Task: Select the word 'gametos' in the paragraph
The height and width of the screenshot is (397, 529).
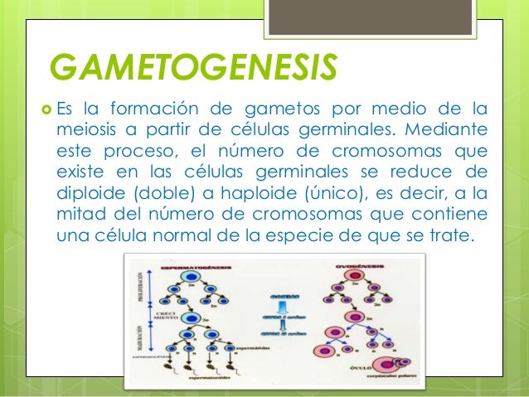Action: click(279, 109)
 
